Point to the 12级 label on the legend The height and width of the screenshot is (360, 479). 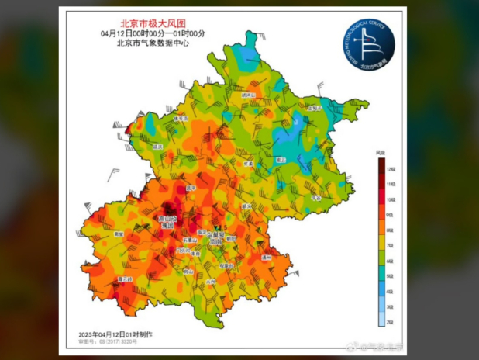point(391,168)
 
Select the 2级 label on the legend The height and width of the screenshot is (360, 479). point(391,320)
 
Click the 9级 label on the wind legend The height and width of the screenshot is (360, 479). point(391,214)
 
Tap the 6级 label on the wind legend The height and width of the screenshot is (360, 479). point(391,260)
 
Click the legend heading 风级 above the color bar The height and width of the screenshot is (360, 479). point(381,151)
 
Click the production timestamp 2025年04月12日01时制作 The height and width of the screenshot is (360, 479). point(115,334)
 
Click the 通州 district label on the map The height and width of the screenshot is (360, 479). point(265,256)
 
